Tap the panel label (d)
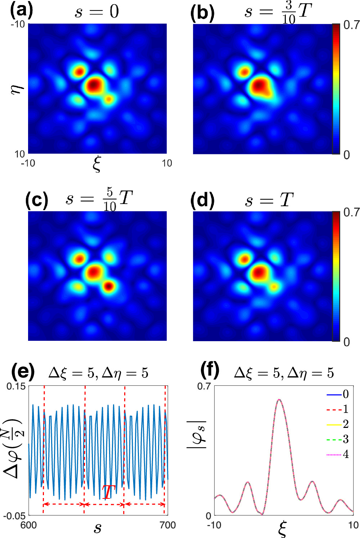tap(202, 200)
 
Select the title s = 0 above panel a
tap(96, 12)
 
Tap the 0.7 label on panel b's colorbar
tap(351, 25)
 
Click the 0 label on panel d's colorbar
tap(346, 342)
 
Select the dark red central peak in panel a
tap(93, 85)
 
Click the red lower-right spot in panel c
tap(109, 286)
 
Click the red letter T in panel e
tap(108, 492)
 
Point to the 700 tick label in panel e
tap(167, 525)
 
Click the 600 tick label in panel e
tap(28, 525)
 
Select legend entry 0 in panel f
tap(345, 394)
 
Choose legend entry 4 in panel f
tap(345, 454)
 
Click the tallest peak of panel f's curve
tap(279, 399)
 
